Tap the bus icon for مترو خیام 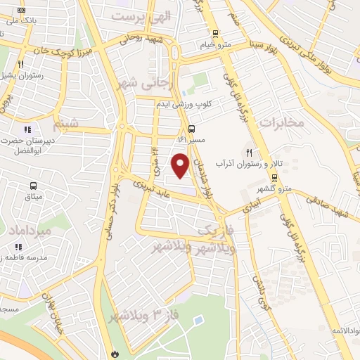click(x=215, y=33)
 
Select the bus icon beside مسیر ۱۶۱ click(x=191, y=128)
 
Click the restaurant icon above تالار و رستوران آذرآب click(x=248, y=152)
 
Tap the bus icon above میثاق click(x=33, y=186)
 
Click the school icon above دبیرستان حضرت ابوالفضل click(x=28, y=129)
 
